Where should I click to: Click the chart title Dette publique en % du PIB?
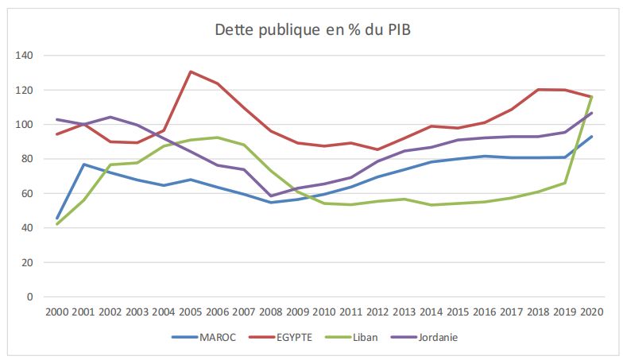click(x=312, y=31)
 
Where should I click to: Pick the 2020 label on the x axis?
click(x=590, y=312)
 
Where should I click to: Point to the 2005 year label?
click(x=189, y=312)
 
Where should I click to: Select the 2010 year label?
click(x=323, y=312)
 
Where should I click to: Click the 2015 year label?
click(x=457, y=312)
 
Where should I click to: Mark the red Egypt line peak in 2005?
click(x=190, y=72)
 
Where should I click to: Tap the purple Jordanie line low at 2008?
click(x=270, y=195)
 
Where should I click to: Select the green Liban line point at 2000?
click(x=56, y=224)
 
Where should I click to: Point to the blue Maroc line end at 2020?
click(x=591, y=137)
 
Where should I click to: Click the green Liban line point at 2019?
click(x=564, y=183)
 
